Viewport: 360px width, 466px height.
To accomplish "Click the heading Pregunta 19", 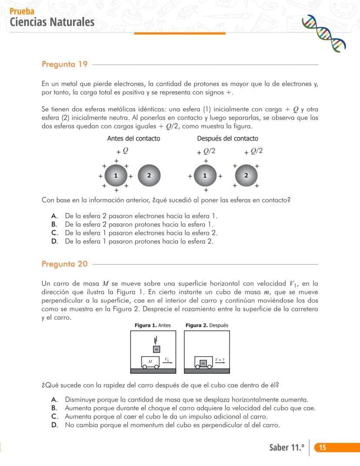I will (64, 64).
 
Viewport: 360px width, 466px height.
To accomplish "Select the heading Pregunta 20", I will (64, 264).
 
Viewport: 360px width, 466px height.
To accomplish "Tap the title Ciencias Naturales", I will (52, 22).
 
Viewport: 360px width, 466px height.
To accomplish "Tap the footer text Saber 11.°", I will (287, 448).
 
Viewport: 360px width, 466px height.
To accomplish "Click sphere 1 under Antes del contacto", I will (116, 176).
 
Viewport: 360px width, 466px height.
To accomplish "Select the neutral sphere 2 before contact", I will (149, 176).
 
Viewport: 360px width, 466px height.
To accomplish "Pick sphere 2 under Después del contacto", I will (246, 176).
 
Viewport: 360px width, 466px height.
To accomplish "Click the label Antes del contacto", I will (133, 138).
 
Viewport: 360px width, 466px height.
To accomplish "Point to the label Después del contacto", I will (227, 138).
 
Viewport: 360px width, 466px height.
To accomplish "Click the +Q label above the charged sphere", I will (122, 151).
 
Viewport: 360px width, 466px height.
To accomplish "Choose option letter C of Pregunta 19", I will (54, 233).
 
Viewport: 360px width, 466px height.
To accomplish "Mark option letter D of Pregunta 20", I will (54, 425).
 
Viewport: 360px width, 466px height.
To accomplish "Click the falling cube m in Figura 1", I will (156, 349).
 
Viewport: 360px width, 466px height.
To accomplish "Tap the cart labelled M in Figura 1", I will (150, 362).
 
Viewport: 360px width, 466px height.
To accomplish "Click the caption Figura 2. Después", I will (207, 325).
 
